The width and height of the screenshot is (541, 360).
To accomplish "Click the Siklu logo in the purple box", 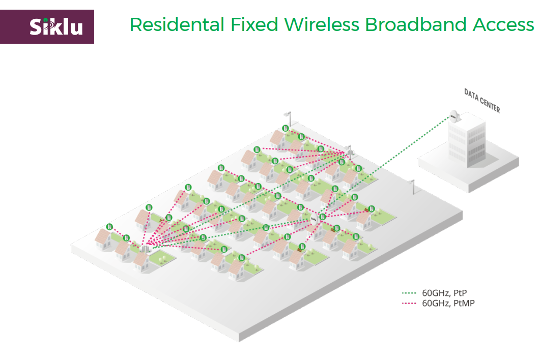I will (x=56, y=26).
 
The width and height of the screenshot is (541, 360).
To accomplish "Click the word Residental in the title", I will (x=169, y=24).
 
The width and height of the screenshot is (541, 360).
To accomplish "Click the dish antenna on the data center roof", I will (x=454, y=116).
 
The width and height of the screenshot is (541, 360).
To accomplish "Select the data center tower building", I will (x=467, y=140).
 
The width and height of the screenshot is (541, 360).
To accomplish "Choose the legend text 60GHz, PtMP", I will (x=448, y=304).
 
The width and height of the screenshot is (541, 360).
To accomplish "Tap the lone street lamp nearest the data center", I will (x=413, y=186).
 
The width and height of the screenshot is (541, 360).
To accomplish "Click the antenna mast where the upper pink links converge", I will (x=350, y=151).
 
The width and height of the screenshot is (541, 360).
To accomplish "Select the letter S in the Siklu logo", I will (x=35, y=26).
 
